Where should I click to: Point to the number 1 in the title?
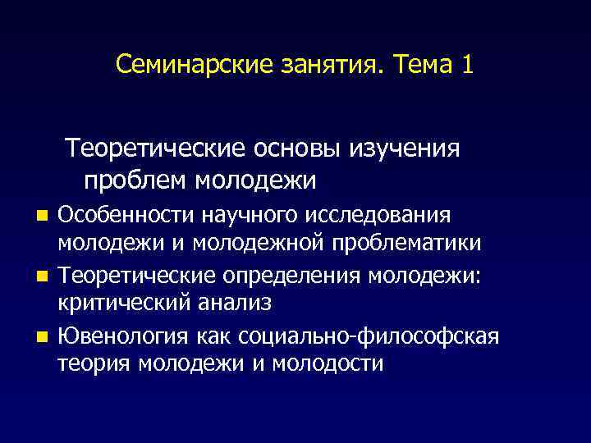pos(467,65)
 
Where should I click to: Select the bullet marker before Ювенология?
pos(44,336)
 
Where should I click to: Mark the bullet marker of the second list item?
pos(44,276)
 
